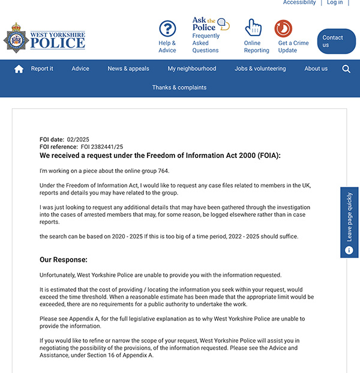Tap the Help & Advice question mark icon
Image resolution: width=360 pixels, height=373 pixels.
coord(167,29)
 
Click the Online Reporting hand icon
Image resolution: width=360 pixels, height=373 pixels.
coord(253,28)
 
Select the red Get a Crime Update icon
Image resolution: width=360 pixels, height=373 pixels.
coord(283,28)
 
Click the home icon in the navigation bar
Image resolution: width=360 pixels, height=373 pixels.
coord(19,69)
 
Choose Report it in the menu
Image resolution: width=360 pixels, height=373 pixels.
coord(42,69)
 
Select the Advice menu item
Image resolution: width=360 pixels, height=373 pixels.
coord(80,69)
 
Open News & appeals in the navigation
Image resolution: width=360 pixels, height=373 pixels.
coord(128,69)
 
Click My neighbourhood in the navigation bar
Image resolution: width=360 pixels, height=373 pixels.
coord(192,69)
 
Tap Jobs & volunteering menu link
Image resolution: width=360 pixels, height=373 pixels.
coord(260,69)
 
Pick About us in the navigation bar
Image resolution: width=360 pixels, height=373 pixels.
coord(316,69)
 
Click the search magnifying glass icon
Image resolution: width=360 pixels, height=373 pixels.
coord(346,69)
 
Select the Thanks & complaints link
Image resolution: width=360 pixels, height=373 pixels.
coord(179,88)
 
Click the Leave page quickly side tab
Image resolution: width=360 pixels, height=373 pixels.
coord(349,222)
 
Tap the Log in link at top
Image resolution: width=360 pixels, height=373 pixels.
coord(335,3)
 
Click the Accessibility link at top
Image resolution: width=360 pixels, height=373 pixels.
coord(299,3)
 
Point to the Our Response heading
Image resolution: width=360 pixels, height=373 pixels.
coord(64,260)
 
